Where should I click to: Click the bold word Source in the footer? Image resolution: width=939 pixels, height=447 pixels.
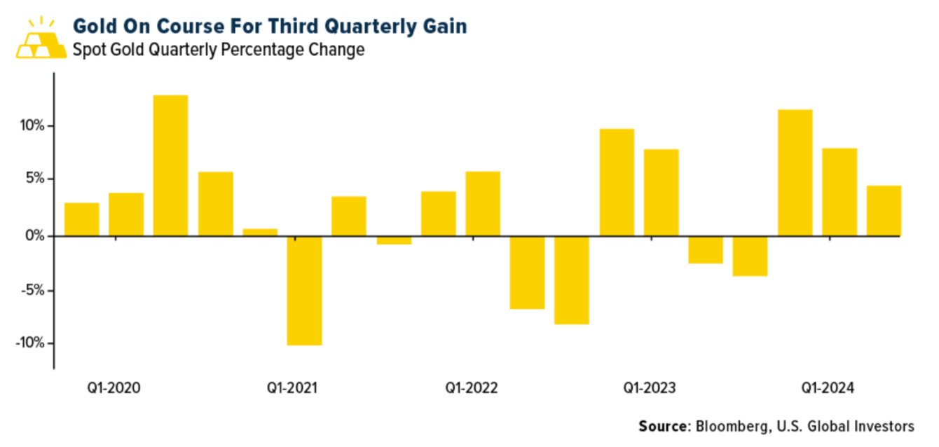tap(663, 426)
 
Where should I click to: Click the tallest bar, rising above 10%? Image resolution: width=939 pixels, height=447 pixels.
tap(170, 165)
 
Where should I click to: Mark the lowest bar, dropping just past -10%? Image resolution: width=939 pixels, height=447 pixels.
tap(304, 290)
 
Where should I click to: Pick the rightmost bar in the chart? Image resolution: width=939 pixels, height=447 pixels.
tap(884, 211)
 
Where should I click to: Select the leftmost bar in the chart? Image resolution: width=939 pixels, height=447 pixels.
tap(81, 219)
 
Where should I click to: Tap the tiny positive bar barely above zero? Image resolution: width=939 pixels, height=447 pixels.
tap(260, 232)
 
